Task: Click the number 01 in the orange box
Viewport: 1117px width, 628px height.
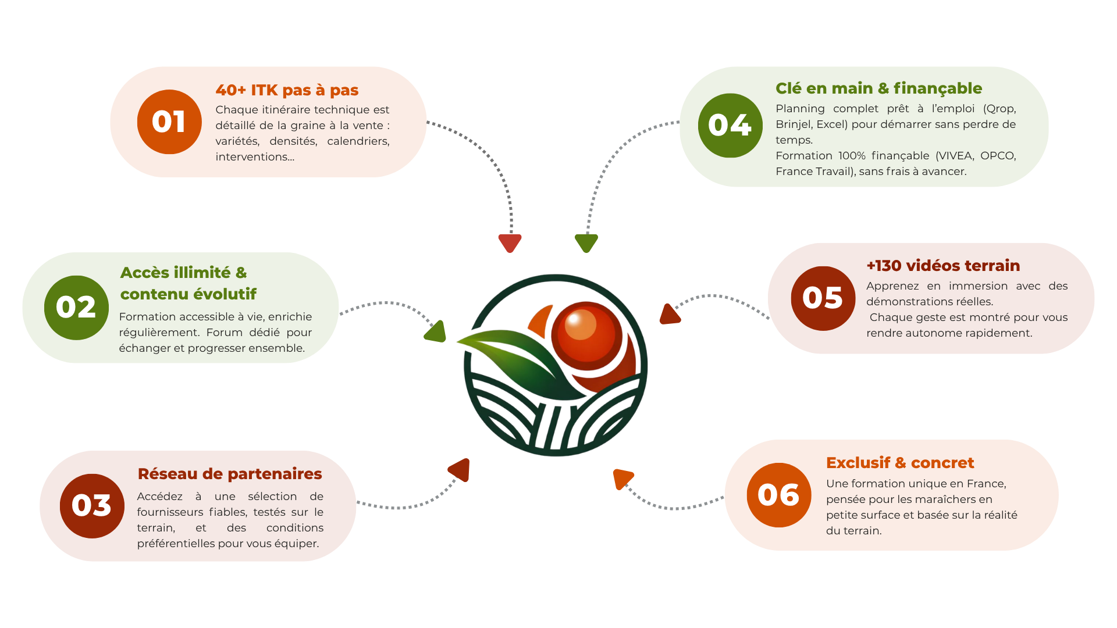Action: pyautogui.click(x=168, y=122)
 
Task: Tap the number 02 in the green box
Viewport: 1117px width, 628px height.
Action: pyautogui.click(x=76, y=307)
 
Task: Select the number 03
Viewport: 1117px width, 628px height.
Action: pyautogui.click(x=91, y=505)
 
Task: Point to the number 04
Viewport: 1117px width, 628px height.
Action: pyautogui.click(x=730, y=125)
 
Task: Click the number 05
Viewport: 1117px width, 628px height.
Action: pyautogui.click(x=822, y=298)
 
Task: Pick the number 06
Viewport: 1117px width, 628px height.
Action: pyautogui.click(x=778, y=495)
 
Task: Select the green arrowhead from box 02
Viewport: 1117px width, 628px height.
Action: pyautogui.click(x=436, y=332)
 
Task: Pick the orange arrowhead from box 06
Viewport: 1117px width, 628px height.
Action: pyautogui.click(x=621, y=478)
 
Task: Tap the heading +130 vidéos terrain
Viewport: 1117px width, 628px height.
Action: pyautogui.click(x=943, y=266)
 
